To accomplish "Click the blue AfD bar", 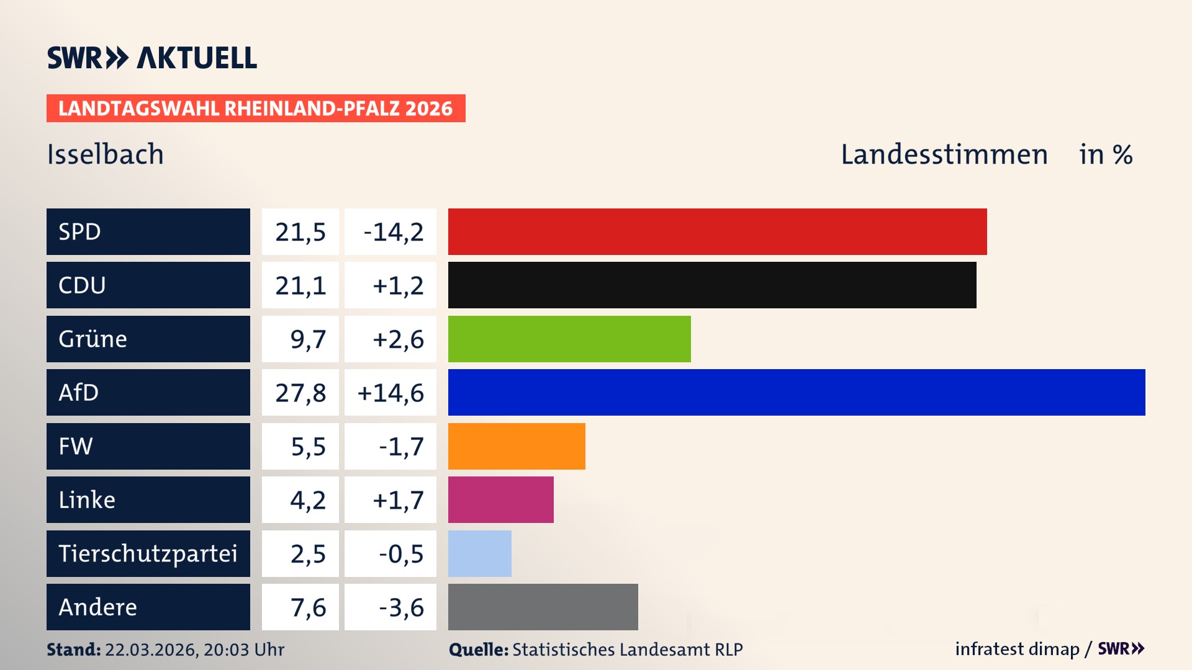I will point(797,392).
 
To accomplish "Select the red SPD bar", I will point(717,231).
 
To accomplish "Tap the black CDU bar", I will point(712,285).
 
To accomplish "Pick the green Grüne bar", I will point(569,339).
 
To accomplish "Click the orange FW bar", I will point(517,446).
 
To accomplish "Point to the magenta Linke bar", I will point(500,499).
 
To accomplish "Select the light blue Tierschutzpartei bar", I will point(479,553).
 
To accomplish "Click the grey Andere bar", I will point(543,607).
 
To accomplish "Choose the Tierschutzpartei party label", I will point(148,553).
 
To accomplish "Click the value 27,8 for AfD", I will point(300,393).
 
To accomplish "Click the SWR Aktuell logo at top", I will point(152,58).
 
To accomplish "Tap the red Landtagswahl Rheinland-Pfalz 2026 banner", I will point(255,109).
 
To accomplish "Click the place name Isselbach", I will point(105,154).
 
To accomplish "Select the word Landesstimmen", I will point(944,154).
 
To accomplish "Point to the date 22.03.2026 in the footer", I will point(151,650).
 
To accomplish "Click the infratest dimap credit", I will point(1016,649).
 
